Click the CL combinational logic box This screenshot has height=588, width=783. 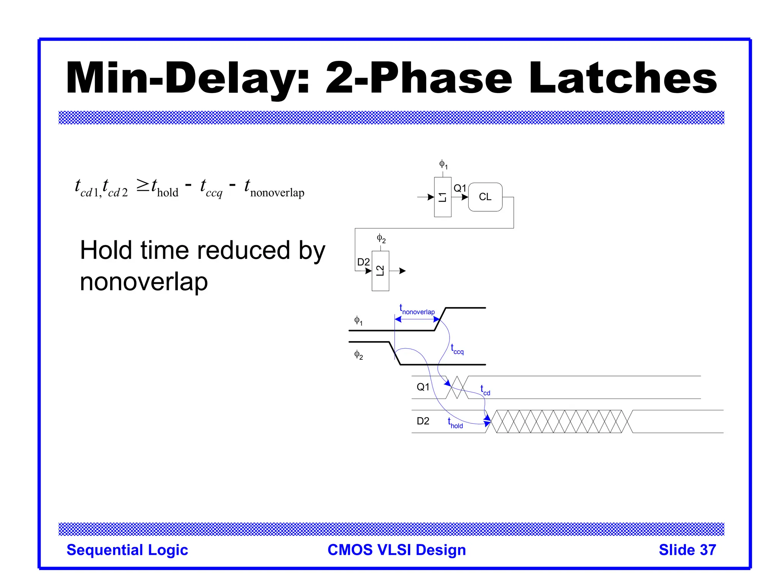coord(485,197)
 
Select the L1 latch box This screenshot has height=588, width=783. coord(442,197)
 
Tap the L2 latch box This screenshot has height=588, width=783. coord(380,271)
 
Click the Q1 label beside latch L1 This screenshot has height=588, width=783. coord(460,188)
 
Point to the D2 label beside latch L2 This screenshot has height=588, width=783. coord(363,262)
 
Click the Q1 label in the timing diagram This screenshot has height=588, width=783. coord(423,387)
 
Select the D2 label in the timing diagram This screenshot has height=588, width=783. coord(423,421)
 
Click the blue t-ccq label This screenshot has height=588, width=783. coord(457,349)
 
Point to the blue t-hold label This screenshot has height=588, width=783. coord(455,423)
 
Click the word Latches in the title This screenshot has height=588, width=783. coord(623,78)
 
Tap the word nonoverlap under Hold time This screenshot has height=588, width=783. coord(144,282)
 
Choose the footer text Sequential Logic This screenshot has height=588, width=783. coord(127,550)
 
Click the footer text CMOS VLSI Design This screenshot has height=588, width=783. coord(396,550)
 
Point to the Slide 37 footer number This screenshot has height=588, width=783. coord(687,550)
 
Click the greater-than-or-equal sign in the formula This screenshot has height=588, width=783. coord(143,186)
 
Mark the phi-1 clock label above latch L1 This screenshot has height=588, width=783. coord(443,165)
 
